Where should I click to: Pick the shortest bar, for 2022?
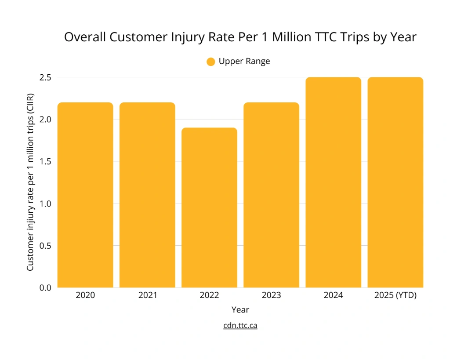209,207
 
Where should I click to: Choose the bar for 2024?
333,182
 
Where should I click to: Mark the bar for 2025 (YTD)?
395,182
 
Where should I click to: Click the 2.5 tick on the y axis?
46,77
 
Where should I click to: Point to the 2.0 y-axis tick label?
46,120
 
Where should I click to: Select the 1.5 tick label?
46,161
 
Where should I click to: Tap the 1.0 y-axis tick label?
46,204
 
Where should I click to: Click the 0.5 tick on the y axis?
46,245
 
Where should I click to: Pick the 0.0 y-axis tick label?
46,287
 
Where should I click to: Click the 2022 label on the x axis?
209,295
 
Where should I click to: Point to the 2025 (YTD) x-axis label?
395,295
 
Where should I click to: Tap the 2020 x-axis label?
85,295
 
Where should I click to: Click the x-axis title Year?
240,310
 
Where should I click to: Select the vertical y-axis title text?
30,182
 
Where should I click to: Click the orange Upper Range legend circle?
210,62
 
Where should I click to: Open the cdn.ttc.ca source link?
240,326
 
